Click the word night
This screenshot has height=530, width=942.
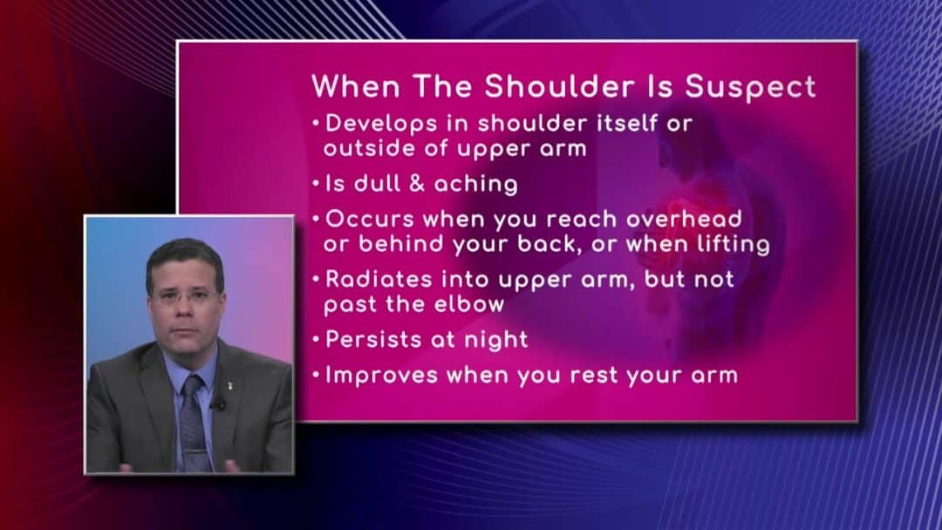[x=495, y=340]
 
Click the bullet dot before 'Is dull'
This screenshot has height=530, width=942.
[x=317, y=184]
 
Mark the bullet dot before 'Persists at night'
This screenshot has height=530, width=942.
[x=317, y=339]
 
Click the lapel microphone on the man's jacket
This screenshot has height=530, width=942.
[x=222, y=403]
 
